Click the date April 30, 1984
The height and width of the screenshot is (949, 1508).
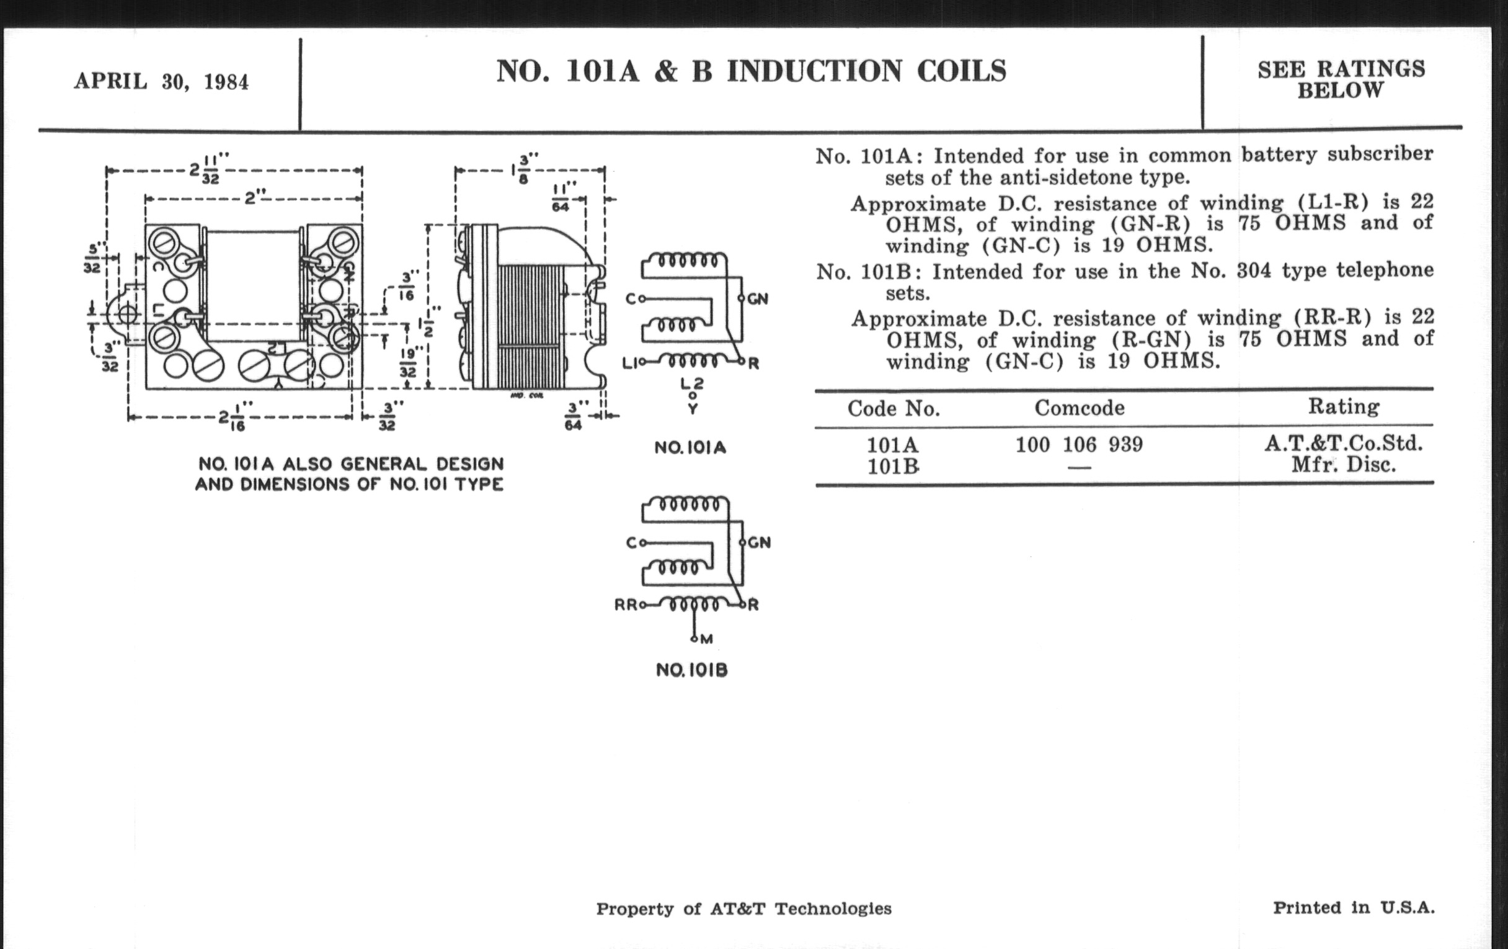162,82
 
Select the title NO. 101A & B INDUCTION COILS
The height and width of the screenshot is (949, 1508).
751,71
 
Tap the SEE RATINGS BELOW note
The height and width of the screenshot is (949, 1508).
1341,79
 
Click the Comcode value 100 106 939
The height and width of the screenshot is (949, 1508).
1079,445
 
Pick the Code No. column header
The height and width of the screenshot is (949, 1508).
894,408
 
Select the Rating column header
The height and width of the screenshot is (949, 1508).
1343,407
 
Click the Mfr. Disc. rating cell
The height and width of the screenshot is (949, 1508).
1343,465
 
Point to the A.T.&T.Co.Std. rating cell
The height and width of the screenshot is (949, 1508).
1343,443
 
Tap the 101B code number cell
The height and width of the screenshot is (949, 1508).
892,466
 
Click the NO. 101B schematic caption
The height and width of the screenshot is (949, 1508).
691,671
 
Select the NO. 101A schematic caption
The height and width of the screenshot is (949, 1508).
690,448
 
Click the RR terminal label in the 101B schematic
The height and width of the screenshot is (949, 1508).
625,605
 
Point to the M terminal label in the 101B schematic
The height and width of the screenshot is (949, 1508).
706,639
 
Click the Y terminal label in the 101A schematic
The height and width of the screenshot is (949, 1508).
693,409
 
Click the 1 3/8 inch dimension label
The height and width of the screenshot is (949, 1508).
521,169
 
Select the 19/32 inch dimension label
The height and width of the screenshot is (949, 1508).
407,363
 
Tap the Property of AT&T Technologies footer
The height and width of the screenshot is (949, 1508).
743,909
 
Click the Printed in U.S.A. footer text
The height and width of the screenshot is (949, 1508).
1354,907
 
